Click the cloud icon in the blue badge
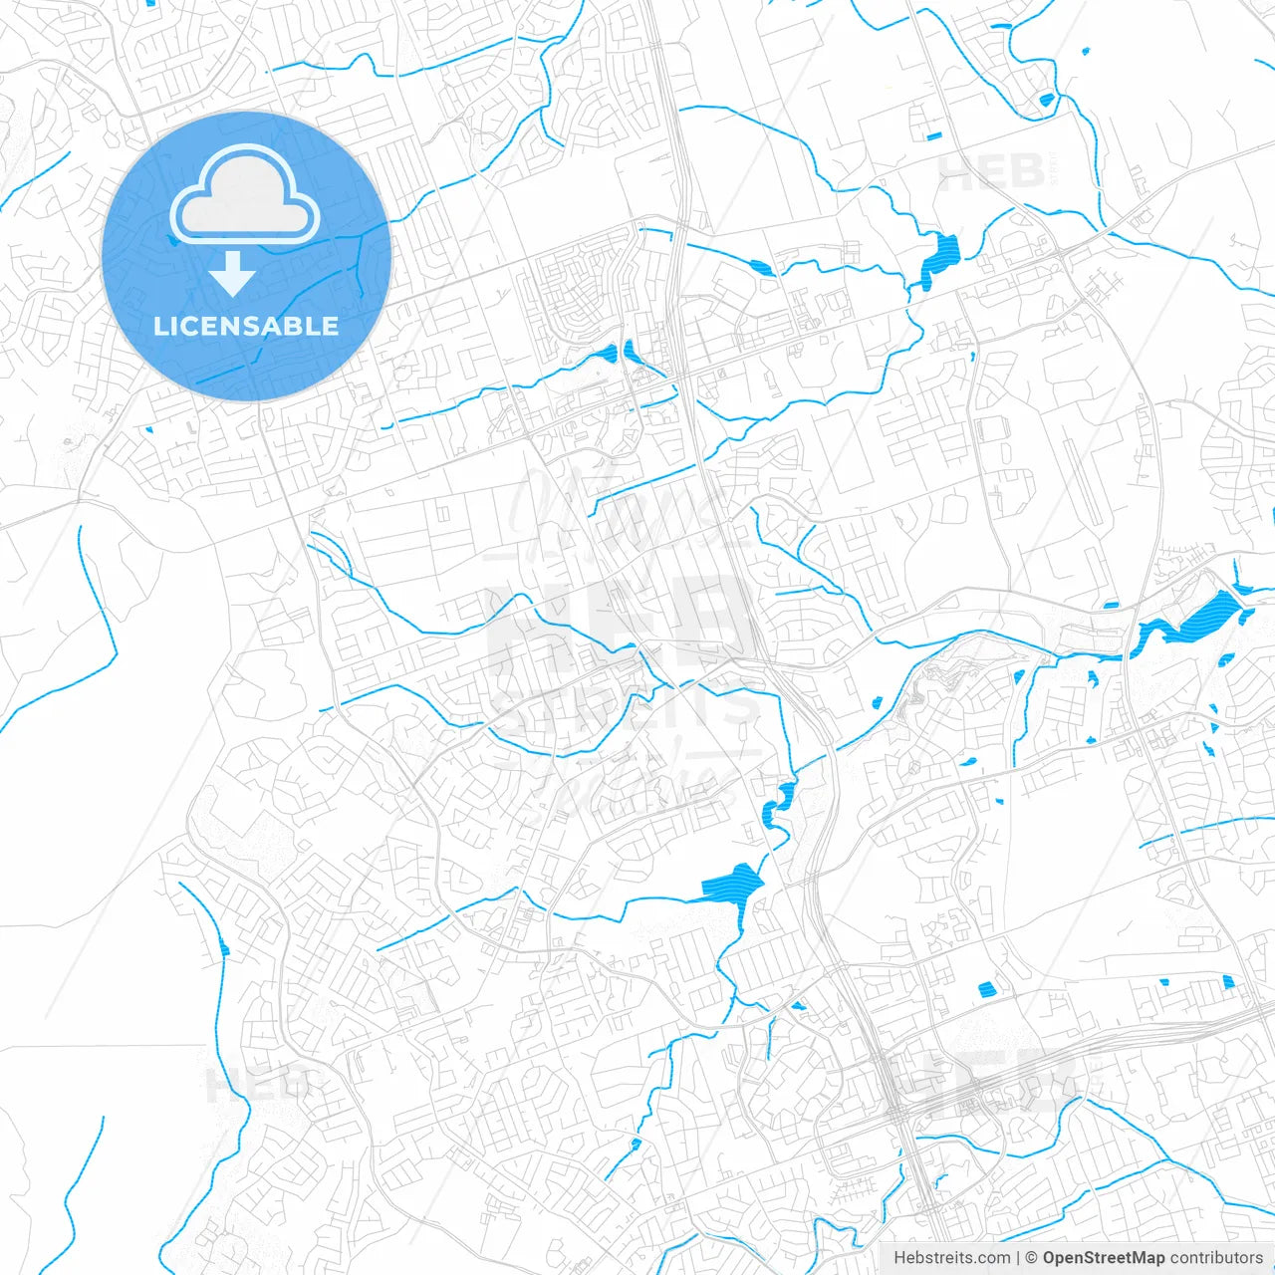[245, 195]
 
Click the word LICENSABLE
[246, 326]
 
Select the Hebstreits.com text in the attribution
[951, 1258]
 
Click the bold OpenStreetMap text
[1104, 1258]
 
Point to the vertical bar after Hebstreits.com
[1018, 1258]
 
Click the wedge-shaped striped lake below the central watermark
[735, 883]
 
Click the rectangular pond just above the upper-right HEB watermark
[933, 135]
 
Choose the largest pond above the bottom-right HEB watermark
[987, 989]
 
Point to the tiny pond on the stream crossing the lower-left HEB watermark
[224, 948]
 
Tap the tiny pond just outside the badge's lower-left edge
[148, 430]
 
